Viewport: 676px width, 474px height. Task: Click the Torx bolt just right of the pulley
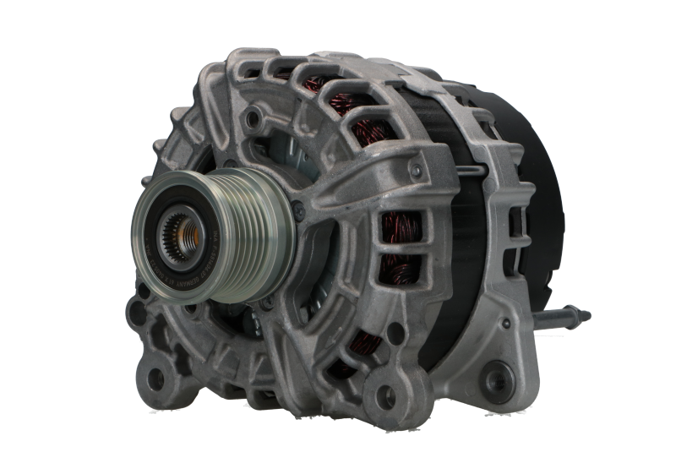[x=302, y=204]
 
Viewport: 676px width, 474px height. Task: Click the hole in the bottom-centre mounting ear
[x=384, y=393]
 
